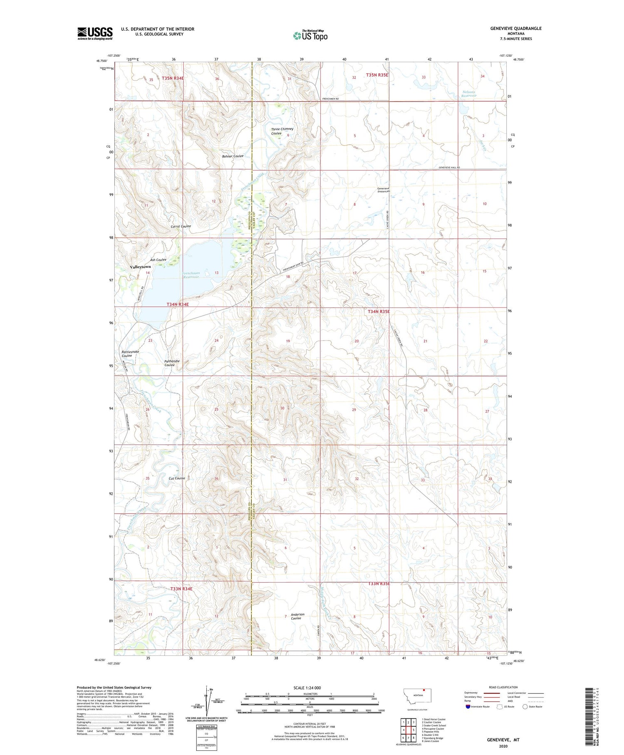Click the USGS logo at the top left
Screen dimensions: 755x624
click(95, 33)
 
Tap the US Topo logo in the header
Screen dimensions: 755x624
click(310, 35)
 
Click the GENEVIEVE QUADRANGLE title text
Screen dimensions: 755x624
click(516, 28)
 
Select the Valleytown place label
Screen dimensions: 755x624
click(140, 267)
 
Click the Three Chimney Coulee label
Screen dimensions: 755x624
click(282, 131)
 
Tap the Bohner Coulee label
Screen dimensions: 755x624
click(233, 156)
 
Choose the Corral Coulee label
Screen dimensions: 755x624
click(181, 226)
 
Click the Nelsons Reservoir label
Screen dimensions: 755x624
click(468, 94)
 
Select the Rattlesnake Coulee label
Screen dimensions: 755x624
click(130, 354)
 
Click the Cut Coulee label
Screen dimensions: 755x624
click(177, 478)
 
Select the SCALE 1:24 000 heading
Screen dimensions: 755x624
click(307, 688)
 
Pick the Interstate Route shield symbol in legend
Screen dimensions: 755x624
click(468, 706)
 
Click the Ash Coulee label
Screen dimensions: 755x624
click(158, 260)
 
